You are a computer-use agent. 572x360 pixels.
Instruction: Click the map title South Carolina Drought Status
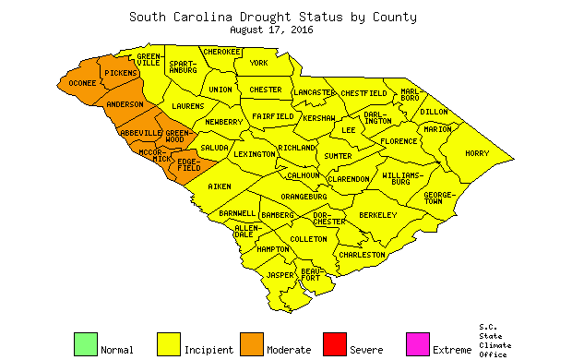[272, 17]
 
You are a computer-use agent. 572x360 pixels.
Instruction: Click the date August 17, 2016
[272, 30]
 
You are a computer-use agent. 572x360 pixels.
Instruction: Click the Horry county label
[477, 153]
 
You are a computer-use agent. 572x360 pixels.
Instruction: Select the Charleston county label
[362, 254]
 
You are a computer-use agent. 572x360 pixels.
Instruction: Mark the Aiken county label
[220, 186]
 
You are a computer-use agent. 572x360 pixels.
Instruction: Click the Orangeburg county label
[304, 197]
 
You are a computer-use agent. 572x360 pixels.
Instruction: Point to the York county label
[259, 63]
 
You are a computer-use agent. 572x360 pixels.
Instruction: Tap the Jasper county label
[280, 275]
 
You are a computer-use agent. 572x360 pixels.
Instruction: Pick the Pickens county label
[120, 72]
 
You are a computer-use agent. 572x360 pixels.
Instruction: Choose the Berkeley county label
[377, 215]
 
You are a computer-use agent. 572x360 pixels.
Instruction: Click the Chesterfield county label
[364, 93]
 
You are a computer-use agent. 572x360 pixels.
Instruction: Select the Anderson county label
[125, 104]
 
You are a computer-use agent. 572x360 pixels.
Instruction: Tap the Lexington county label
[254, 154]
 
